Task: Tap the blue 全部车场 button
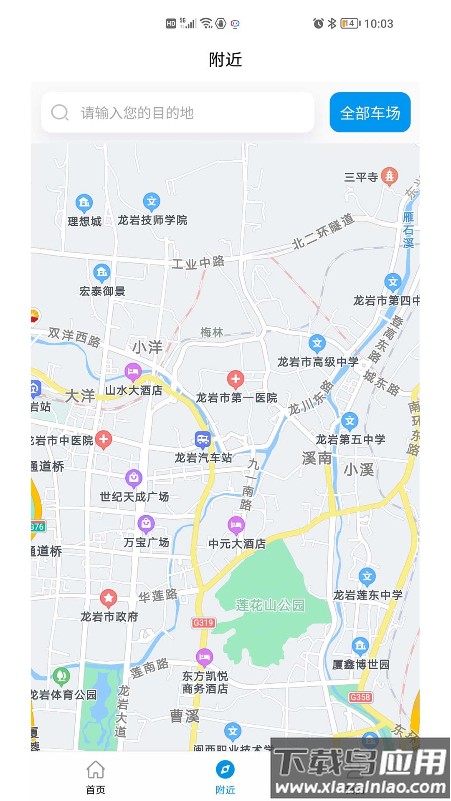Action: [x=370, y=113]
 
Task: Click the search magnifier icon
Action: [x=60, y=113]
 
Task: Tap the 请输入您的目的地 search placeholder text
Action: [x=137, y=113]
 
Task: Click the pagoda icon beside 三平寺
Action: [x=389, y=176]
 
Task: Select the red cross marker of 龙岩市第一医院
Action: [x=236, y=379]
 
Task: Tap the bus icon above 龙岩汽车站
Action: [x=203, y=439]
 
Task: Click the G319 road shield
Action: [x=203, y=622]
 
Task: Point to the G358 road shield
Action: [x=360, y=697]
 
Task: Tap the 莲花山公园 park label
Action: [x=270, y=605]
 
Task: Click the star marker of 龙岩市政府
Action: [x=109, y=598]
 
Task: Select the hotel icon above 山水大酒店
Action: [x=133, y=371]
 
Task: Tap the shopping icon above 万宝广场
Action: [x=146, y=524]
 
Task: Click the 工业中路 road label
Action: [x=198, y=263]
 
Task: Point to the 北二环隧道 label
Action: [x=323, y=232]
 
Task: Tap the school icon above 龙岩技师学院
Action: [x=152, y=202]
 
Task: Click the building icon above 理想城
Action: [x=84, y=203]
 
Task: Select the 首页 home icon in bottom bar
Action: [x=96, y=770]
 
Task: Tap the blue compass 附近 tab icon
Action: [x=225, y=770]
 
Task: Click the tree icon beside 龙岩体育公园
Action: [x=61, y=675]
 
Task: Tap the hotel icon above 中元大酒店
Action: [x=236, y=525]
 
